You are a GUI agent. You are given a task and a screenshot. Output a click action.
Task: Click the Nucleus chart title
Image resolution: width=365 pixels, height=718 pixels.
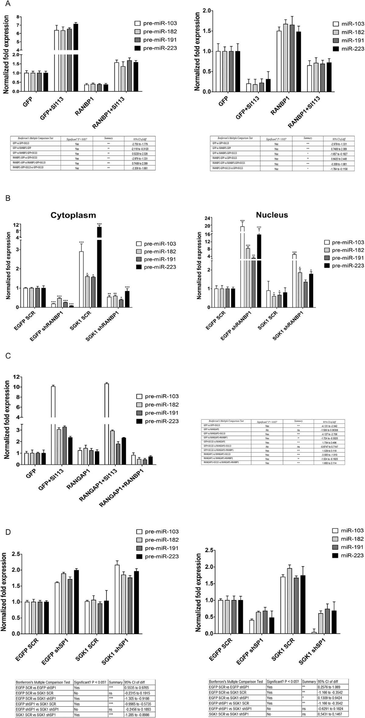coord(272,215)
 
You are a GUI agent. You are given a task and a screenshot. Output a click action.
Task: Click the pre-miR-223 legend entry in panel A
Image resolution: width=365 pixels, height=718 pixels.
coord(156,48)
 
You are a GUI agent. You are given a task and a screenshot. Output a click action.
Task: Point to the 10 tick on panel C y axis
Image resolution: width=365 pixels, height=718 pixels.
coord(16,387)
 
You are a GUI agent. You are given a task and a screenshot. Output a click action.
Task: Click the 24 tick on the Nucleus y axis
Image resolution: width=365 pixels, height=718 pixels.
coord(208,218)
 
